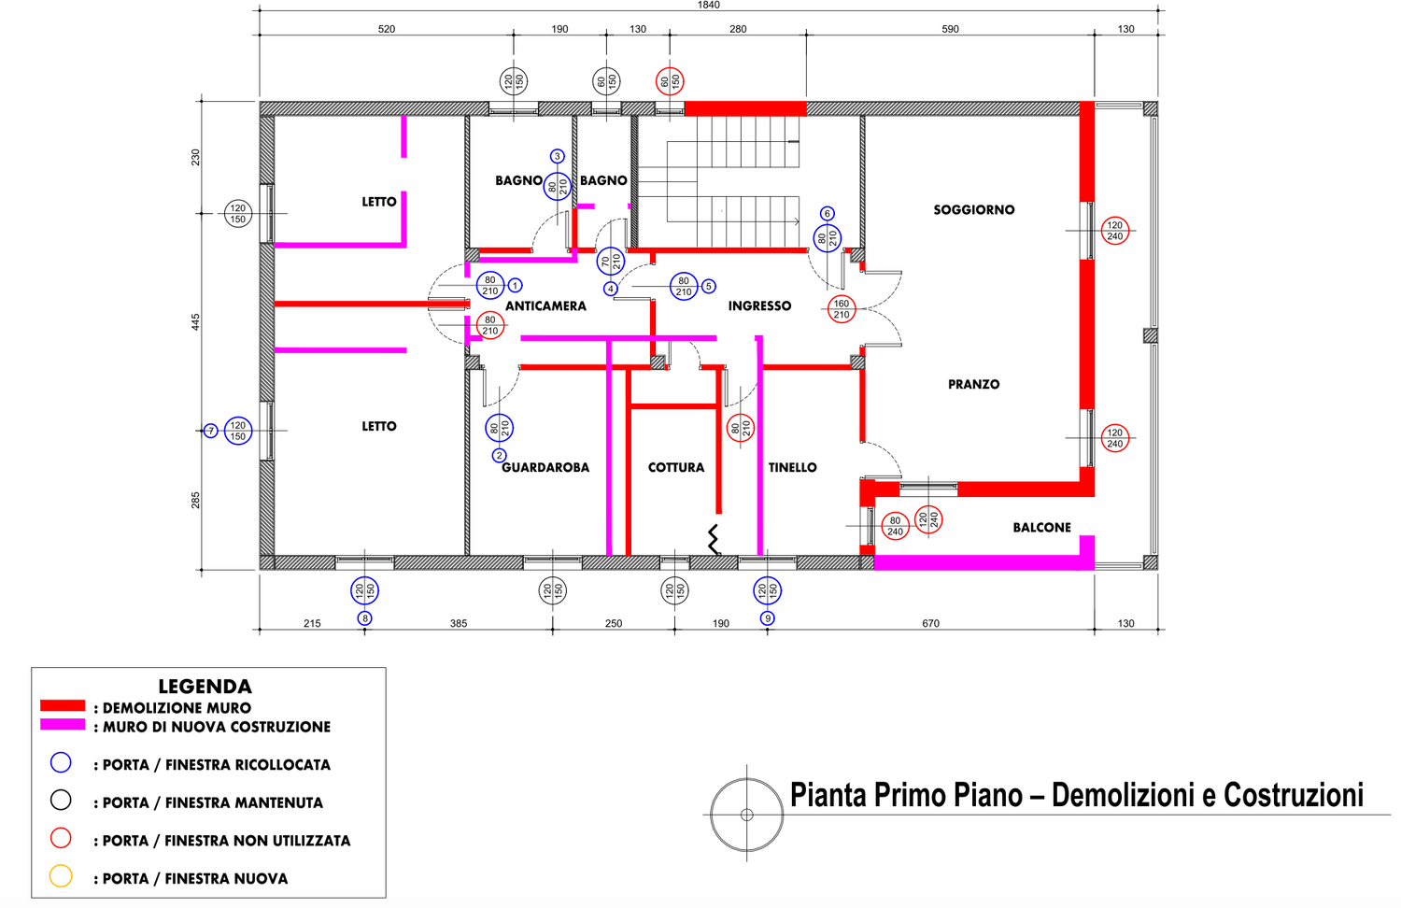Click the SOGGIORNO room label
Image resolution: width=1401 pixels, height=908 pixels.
click(x=974, y=210)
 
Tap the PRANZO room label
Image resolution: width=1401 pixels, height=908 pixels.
click(x=974, y=385)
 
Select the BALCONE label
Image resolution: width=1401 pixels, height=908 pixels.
click(x=1042, y=528)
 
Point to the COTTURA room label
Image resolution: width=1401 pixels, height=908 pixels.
click(x=676, y=468)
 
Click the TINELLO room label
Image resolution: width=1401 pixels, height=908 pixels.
click(x=792, y=468)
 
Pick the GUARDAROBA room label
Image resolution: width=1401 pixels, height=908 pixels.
click(x=545, y=468)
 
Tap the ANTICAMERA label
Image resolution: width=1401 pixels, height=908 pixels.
click(x=546, y=306)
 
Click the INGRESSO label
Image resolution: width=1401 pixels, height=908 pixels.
click(x=760, y=306)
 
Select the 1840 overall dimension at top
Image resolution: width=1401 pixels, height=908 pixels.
click(x=709, y=5)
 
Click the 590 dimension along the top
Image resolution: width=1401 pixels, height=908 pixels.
click(x=950, y=29)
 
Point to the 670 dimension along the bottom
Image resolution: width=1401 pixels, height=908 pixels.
click(x=930, y=623)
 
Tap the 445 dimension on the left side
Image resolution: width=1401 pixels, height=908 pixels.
click(x=196, y=322)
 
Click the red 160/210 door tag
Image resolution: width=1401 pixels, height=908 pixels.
click(x=842, y=309)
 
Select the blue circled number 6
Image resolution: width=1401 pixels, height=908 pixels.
click(x=828, y=214)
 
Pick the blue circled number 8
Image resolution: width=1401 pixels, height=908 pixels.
click(x=364, y=618)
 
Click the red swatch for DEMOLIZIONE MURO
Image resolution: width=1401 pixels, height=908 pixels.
click(x=63, y=706)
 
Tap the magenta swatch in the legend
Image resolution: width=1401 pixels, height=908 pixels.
click(x=63, y=724)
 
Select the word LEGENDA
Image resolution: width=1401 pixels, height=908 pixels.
click(x=205, y=687)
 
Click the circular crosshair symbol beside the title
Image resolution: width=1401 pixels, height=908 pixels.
click(x=747, y=778)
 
